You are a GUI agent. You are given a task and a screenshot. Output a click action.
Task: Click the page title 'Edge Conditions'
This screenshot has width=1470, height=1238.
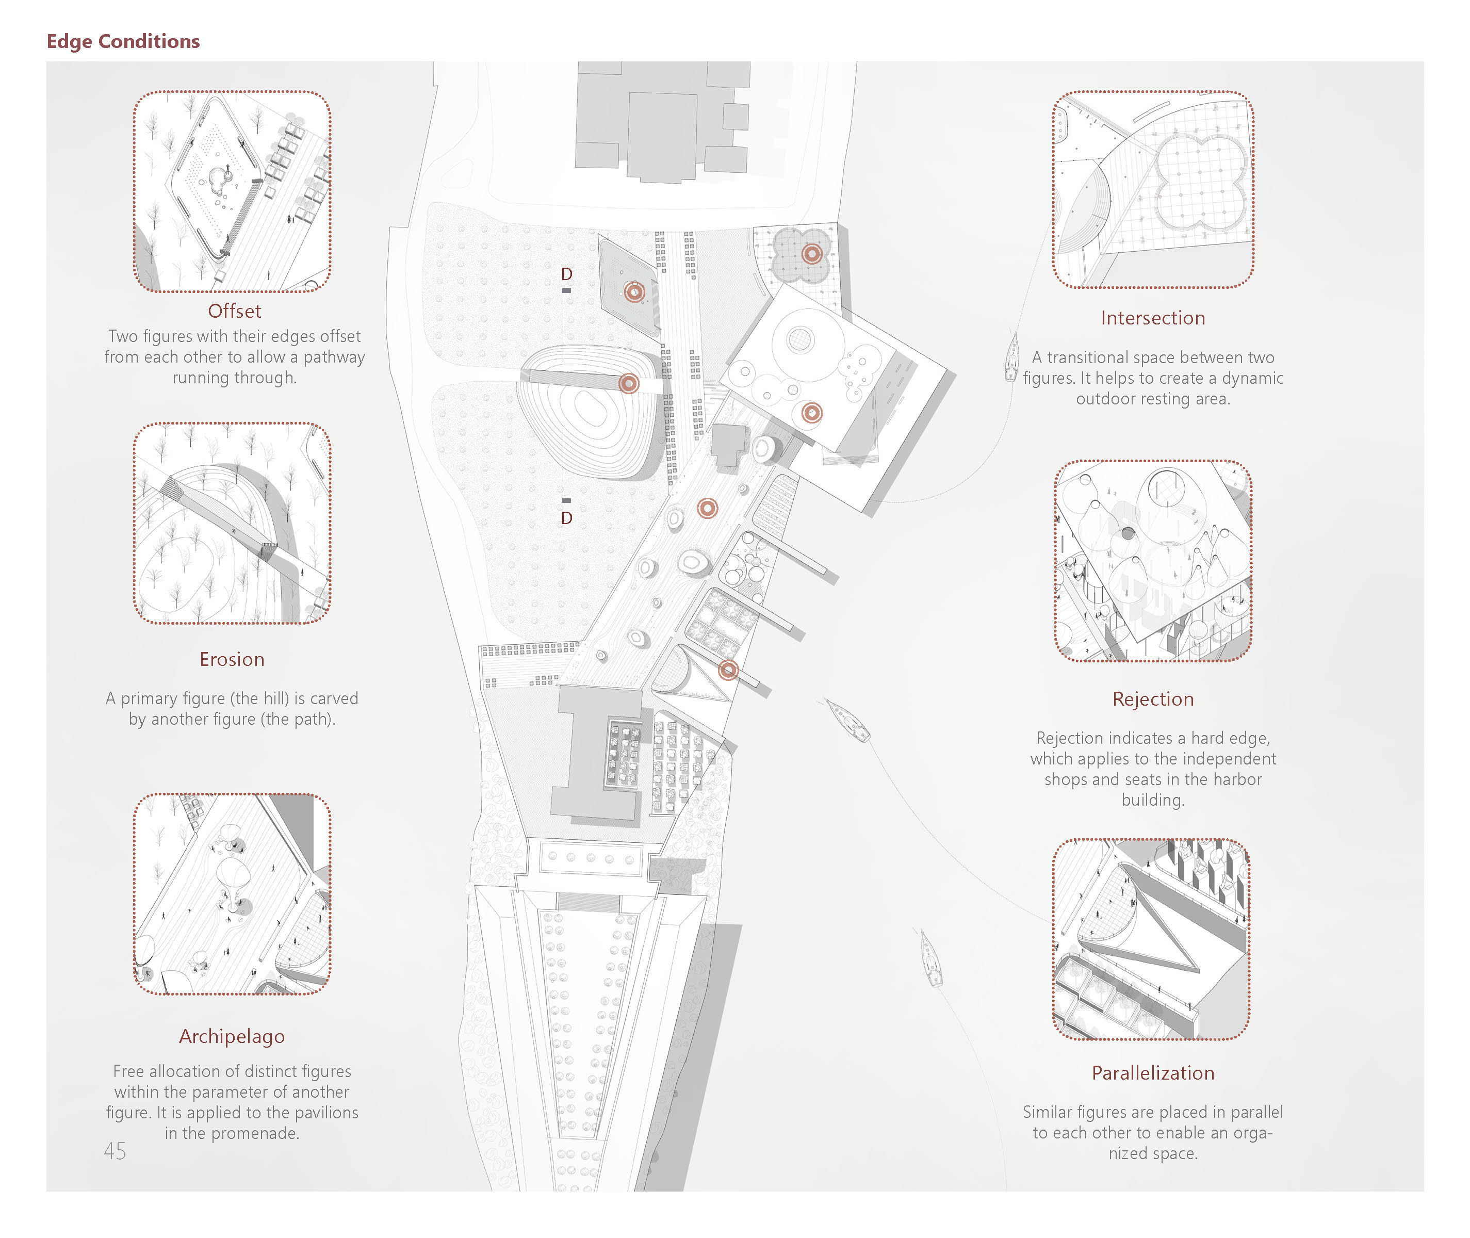click(x=123, y=41)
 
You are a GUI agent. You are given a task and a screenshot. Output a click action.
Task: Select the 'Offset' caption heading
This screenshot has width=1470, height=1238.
click(x=234, y=311)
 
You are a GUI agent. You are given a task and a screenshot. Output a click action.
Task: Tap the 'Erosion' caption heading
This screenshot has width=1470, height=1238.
click(x=232, y=659)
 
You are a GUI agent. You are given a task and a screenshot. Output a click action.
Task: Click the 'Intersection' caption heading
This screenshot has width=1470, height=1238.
click(x=1152, y=318)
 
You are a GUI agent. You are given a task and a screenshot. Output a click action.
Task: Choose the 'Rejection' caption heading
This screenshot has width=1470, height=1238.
click(x=1152, y=699)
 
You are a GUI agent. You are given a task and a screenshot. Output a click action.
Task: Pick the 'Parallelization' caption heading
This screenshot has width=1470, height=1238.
click(x=1152, y=1072)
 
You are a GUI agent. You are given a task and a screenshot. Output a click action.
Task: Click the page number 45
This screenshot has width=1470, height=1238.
click(x=115, y=1151)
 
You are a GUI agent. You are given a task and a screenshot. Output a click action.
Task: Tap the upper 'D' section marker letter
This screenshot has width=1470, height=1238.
click(x=566, y=274)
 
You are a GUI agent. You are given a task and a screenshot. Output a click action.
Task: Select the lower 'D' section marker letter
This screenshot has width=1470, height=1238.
click(x=566, y=518)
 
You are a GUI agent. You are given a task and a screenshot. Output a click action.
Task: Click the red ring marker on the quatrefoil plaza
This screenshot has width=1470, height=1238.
click(x=812, y=254)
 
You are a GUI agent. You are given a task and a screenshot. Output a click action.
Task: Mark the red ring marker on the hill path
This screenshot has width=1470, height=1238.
click(x=629, y=383)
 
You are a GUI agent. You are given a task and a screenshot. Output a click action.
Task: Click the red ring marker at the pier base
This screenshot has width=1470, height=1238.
click(x=728, y=670)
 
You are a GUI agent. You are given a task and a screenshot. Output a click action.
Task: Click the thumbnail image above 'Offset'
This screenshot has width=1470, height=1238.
click(x=232, y=191)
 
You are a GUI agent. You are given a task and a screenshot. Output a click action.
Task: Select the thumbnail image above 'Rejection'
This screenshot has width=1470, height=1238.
click(x=1152, y=561)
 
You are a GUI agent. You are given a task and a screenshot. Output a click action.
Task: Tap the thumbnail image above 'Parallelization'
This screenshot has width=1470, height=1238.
click(x=1151, y=939)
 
